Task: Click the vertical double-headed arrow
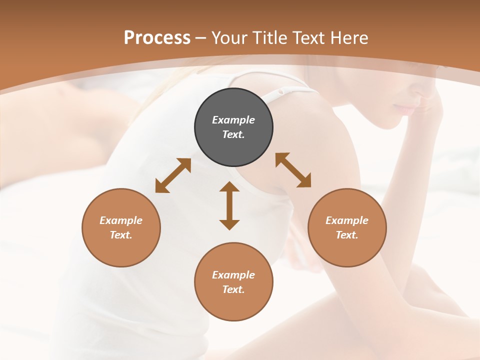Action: click(x=229, y=205)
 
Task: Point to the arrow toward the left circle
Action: click(x=173, y=175)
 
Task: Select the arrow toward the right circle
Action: click(x=293, y=170)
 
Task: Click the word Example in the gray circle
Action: click(x=233, y=120)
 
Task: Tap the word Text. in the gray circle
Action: click(x=233, y=134)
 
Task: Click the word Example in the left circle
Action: click(x=121, y=220)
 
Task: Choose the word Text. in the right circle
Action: click(x=347, y=235)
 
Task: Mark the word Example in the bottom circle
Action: click(x=233, y=275)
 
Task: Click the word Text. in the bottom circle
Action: click(x=233, y=289)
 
